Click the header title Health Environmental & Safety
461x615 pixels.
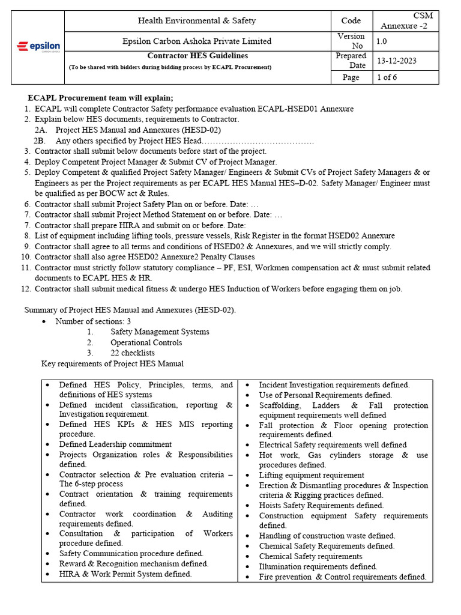[197, 20]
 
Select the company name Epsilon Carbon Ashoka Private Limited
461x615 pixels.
[197, 41]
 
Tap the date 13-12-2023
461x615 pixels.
[397, 61]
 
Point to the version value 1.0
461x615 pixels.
[382, 41]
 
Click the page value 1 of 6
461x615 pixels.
[387, 77]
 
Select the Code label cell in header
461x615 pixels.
[351, 20]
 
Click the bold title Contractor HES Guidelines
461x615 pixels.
[197, 56]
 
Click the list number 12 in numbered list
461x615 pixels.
[25, 289]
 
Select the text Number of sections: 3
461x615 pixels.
[93, 321]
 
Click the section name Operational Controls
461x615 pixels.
[146, 342]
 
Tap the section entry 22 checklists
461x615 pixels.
[132, 353]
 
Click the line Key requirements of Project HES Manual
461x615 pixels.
[112, 363]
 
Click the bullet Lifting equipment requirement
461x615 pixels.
[311, 475]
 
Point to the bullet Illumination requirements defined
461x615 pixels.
[318, 566]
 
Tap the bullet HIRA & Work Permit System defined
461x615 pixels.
[125, 574]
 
